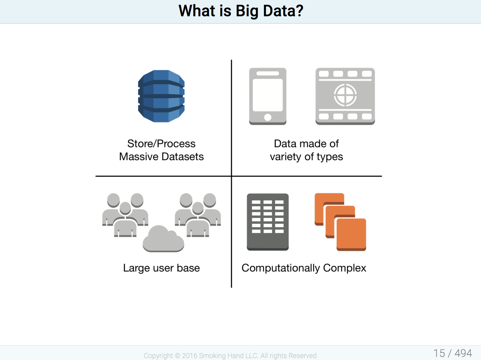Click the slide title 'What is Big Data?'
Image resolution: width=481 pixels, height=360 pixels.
click(x=240, y=11)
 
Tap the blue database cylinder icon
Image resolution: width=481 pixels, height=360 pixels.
click(x=161, y=96)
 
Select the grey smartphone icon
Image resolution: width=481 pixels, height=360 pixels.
click(x=267, y=97)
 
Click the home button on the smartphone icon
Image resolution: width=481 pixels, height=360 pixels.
click(x=267, y=117)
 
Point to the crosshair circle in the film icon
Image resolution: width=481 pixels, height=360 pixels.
click(x=345, y=95)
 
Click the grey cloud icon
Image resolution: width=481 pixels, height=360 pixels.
click(x=163, y=239)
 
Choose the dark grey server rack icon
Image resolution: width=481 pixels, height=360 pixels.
click(x=267, y=222)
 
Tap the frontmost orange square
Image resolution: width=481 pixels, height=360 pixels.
click(x=351, y=235)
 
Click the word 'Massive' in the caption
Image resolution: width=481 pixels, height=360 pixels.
click(x=139, y=157)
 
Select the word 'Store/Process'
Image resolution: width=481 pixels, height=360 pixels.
click(x=161, y=144)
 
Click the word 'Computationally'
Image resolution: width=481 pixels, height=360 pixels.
click(x=281, y=268)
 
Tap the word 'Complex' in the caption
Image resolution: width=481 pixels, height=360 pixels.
click(x=345, y=268)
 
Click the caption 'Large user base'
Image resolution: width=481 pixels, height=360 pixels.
click(x=161, y=268)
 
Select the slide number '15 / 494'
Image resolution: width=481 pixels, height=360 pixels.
click(x=453, y=353)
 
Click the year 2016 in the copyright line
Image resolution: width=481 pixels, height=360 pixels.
click(x=190, y=355)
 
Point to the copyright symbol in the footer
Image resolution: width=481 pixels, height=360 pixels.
click(x=178, y=355)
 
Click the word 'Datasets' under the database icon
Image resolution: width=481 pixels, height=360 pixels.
click(x=183, y=157)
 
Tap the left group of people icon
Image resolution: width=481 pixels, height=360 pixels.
click(x=125, y=215)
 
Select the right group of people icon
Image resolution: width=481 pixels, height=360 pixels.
click(x=198, y=215)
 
